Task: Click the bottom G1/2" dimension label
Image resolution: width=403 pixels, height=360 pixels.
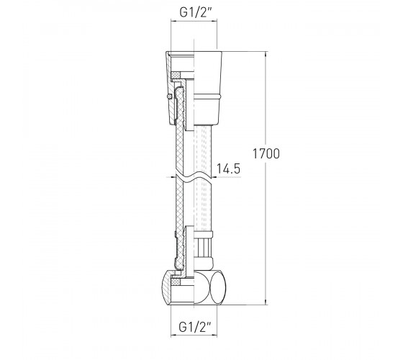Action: coord(194,327)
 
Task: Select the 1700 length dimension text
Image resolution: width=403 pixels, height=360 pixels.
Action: coord(266,154)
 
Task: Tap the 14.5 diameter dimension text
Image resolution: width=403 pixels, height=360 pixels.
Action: coord(229,168)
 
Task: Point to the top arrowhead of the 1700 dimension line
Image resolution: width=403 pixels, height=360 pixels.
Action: coord(266,54)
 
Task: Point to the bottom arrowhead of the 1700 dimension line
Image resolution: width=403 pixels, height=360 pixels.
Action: coord(266,302)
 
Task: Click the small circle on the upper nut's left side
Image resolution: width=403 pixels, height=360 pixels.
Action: coord(169,96)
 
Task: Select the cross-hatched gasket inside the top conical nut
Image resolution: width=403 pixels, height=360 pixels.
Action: coord(176,75)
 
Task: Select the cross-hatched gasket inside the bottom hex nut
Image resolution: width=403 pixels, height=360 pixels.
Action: coord(176,282)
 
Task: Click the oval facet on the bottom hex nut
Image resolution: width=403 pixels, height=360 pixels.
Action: coord(217,288)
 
